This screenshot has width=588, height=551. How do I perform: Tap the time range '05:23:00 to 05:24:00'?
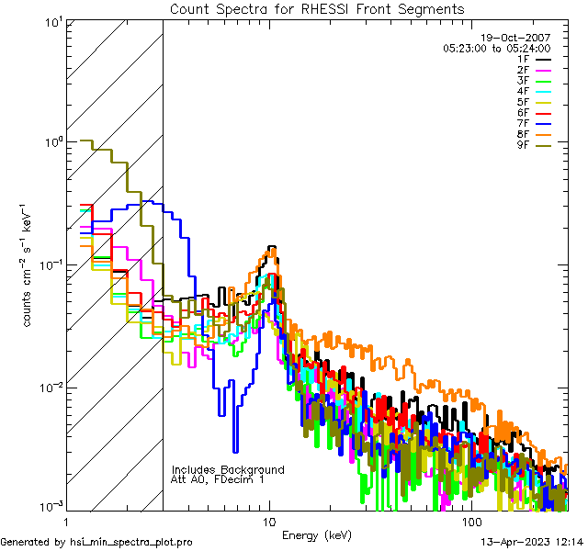click(496, 48)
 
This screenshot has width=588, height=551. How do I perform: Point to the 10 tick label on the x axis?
click(268, 522)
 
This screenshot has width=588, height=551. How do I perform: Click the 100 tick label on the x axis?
click(471, 522)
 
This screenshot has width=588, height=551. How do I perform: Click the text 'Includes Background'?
click(227, 469)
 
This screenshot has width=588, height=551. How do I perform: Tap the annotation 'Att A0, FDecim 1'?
click(217, 479)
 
